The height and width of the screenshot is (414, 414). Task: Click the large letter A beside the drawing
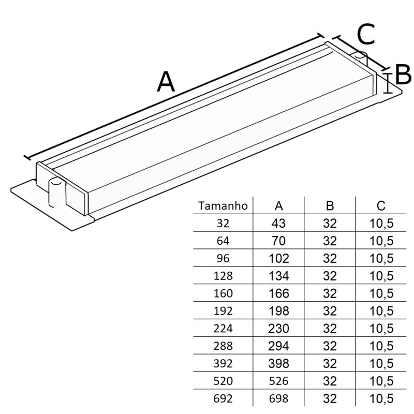(x=166, y=82)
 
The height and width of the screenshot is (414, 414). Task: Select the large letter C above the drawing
(x=366, y=35)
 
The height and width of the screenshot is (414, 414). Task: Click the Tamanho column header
(x=223, y=206)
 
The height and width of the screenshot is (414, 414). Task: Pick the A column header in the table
(x=279, y=206)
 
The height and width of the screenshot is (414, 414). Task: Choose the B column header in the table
(x=330, y=206)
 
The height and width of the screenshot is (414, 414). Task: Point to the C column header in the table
(x=381, y=206)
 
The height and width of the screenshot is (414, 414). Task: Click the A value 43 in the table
(x=279, y=224)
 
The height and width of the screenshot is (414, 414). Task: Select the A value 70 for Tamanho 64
(x=279, y=241)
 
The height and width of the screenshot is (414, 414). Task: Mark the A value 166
(x=279, y=293)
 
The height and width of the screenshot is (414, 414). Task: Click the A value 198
(x=279, y=311)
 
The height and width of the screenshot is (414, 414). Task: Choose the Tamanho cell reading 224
(x=223, y=328)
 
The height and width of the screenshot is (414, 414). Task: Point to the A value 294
(x=279, y=346)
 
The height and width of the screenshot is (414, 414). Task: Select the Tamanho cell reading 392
(x=223, y=363)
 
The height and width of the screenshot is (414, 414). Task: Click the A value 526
(x=279, y=381)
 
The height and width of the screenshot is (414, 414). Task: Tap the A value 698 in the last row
(x=279, y=398)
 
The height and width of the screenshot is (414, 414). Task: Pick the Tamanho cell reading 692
(x=223, y=398)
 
